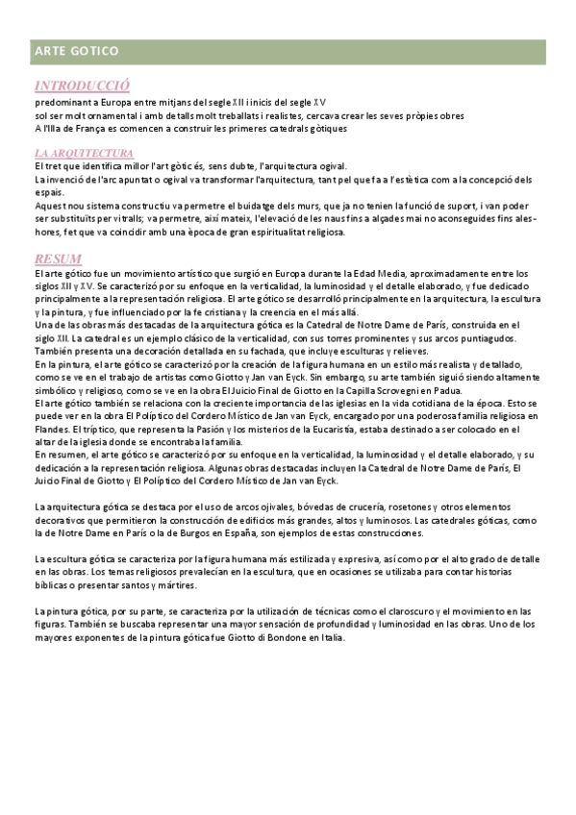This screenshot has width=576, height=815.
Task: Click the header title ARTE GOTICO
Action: point(76,50)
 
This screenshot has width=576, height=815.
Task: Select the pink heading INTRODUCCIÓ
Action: point(82,85)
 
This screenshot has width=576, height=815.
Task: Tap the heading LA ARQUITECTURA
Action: point(84,153)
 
